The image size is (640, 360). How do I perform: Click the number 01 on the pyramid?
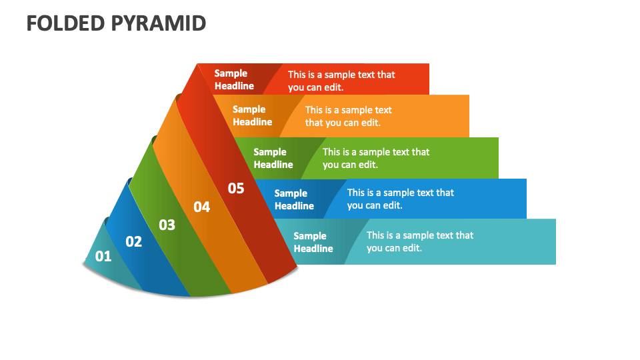103,256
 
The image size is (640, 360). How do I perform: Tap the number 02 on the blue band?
134,241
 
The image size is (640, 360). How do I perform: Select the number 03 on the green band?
167,225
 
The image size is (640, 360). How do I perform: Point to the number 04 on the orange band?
201,207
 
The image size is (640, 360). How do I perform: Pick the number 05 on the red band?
236,188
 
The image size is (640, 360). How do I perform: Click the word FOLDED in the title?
65,23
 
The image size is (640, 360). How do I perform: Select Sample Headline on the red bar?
234,79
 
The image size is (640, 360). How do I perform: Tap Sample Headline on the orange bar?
252,115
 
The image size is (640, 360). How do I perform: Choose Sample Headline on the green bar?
273,158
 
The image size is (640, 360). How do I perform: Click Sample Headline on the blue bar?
294,199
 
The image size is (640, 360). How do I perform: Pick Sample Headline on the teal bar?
313,242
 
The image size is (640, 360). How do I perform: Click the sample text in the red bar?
341,81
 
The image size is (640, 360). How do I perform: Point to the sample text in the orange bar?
348,116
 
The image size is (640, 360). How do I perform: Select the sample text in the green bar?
376,158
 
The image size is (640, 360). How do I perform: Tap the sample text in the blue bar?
400,199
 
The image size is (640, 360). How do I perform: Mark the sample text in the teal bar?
420,241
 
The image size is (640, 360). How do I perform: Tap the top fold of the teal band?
105,221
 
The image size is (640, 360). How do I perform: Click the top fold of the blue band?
129,181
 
